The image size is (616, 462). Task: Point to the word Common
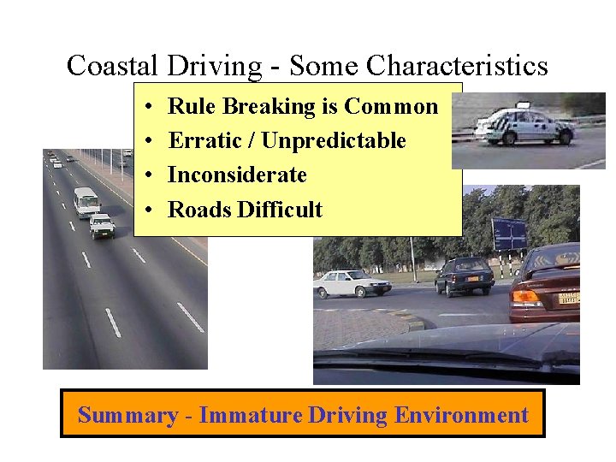pos(391,107)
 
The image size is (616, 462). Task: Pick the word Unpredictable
pos(334,140)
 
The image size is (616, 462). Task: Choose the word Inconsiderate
pos(237,175)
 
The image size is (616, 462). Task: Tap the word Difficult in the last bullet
pos(283,210)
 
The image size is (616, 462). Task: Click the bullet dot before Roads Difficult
pos(149,210)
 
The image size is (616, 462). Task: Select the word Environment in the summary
pos(461,416)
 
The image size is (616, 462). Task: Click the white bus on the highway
pos(86,202)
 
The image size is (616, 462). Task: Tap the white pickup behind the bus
pos(102,226)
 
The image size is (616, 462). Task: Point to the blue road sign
pos(510,234)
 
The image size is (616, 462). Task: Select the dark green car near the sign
pos(464,275)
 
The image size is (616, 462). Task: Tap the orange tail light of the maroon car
pos(525,297)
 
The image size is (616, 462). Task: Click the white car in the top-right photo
pos(524,126)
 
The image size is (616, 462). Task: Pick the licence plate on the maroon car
pos(569,299)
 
